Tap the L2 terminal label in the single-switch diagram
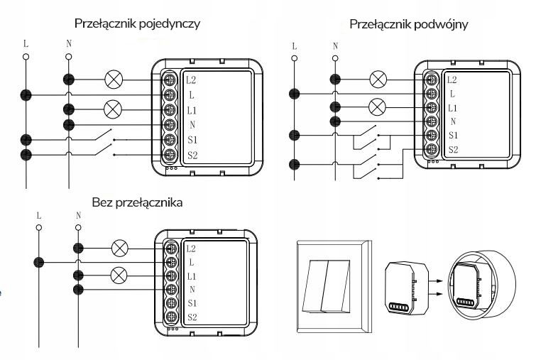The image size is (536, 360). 192,80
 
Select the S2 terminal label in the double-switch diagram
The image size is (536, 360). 453,151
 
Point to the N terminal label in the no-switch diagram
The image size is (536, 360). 192,289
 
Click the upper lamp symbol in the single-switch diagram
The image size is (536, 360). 113,80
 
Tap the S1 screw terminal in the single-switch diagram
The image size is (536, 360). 170,140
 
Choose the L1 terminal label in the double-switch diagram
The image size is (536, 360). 453,107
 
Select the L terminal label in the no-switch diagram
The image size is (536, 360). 192,262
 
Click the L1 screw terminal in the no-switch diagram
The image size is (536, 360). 170,276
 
